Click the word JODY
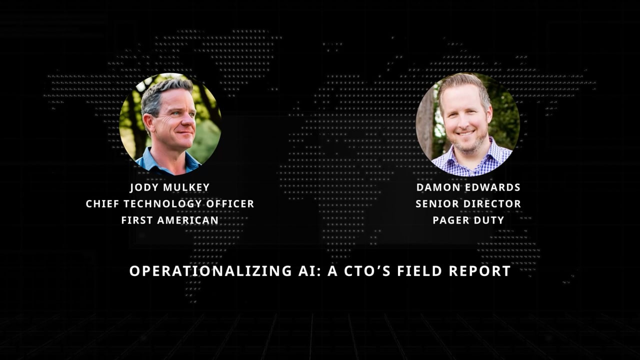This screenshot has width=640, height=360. (144, 187)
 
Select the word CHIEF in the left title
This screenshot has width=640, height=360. (103, 204)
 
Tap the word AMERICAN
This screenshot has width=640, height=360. (188, 220)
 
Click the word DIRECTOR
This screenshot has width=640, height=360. (492, 204)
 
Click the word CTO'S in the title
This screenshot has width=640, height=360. (363, 271)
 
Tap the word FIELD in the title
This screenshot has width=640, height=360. (420, 271)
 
